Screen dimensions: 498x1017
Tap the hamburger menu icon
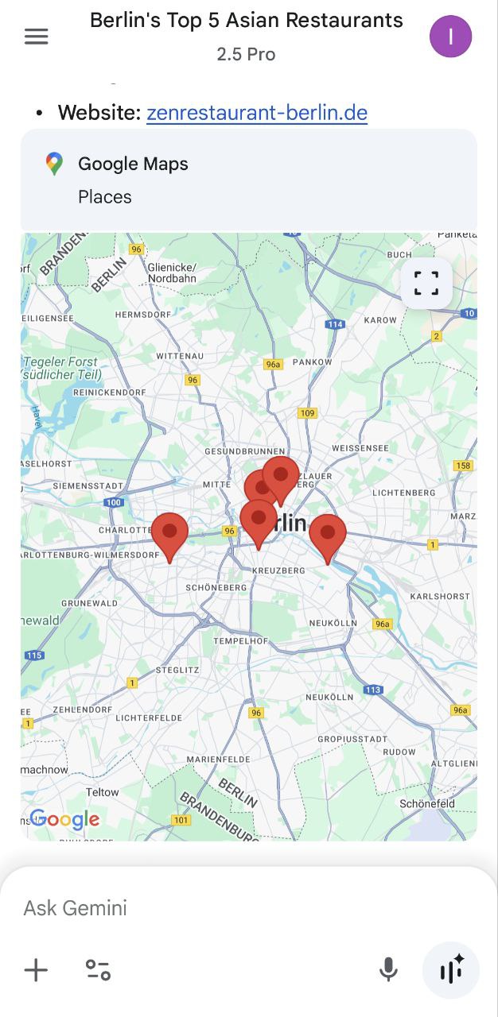click(x=37, y=37)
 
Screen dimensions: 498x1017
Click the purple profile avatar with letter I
click(x=450, y=37)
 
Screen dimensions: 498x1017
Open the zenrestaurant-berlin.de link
click(x=257, y=113)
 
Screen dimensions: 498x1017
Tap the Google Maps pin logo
click(x=54, y=164)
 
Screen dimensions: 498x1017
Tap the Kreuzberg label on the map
click(x=278, y=570)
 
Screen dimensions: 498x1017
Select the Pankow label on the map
click(x=313, y=362)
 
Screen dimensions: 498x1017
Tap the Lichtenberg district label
click(x=403, y=493)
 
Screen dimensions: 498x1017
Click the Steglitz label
click(x=177, y=670)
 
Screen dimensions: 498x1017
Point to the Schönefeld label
click(x=427, y=804)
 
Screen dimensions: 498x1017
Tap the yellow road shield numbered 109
click(x=307, y=413)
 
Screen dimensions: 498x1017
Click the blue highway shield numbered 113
click(x=373, y=690)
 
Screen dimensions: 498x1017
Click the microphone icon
click(x=388, y=970)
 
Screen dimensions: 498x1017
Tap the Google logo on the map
click(x=64, y=820)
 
